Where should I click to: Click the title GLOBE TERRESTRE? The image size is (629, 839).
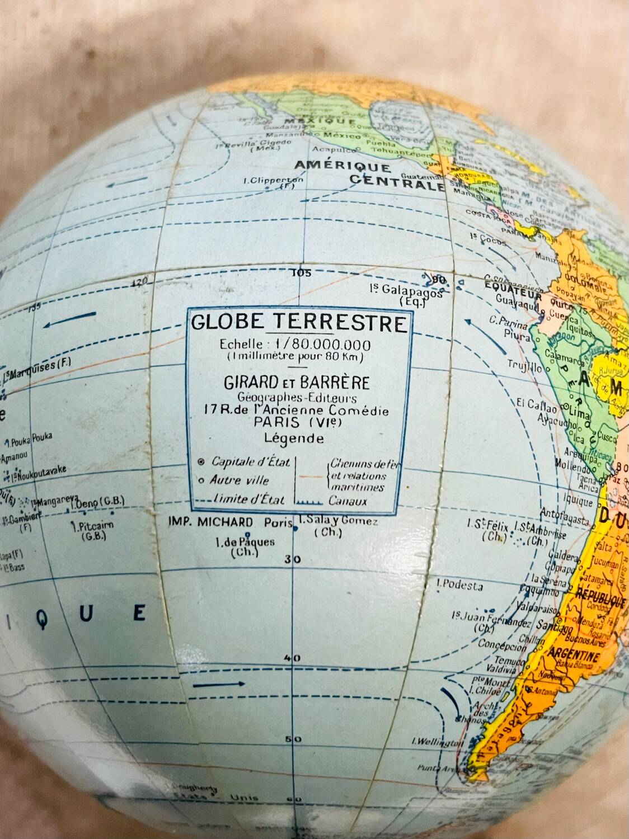299,323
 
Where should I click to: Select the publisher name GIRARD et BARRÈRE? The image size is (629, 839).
297,383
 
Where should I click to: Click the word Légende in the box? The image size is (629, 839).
297,439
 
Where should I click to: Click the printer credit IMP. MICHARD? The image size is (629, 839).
210,522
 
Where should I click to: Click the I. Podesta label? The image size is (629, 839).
460,585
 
